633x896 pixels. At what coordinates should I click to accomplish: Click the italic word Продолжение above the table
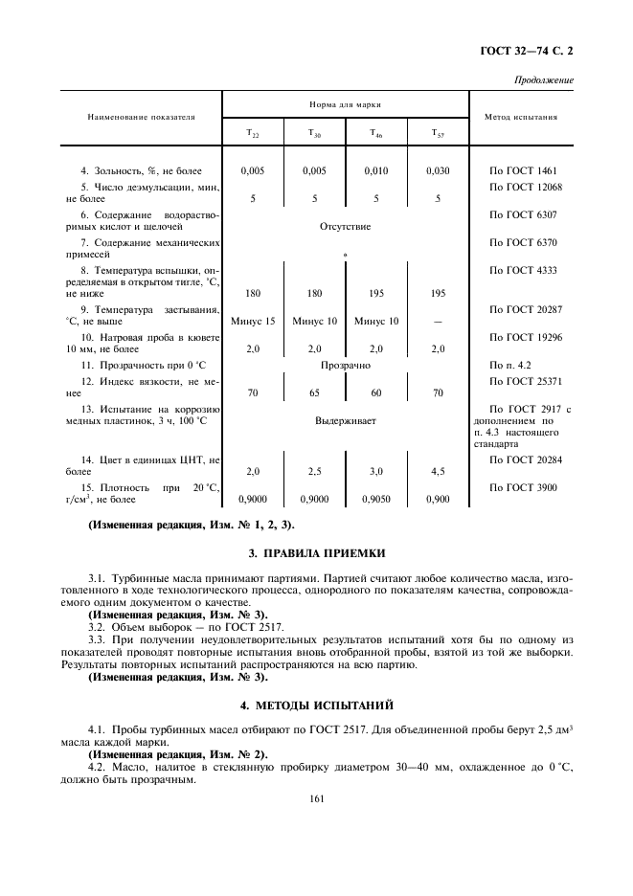[544, 79]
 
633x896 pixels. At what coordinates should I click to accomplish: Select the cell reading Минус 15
[253, 321]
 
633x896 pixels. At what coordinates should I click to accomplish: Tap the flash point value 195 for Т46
[376, 293]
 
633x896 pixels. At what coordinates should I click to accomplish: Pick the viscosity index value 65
[314, 392]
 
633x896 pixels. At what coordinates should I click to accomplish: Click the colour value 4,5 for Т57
[438, 471]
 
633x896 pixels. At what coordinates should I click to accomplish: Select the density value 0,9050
[376, 499]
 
